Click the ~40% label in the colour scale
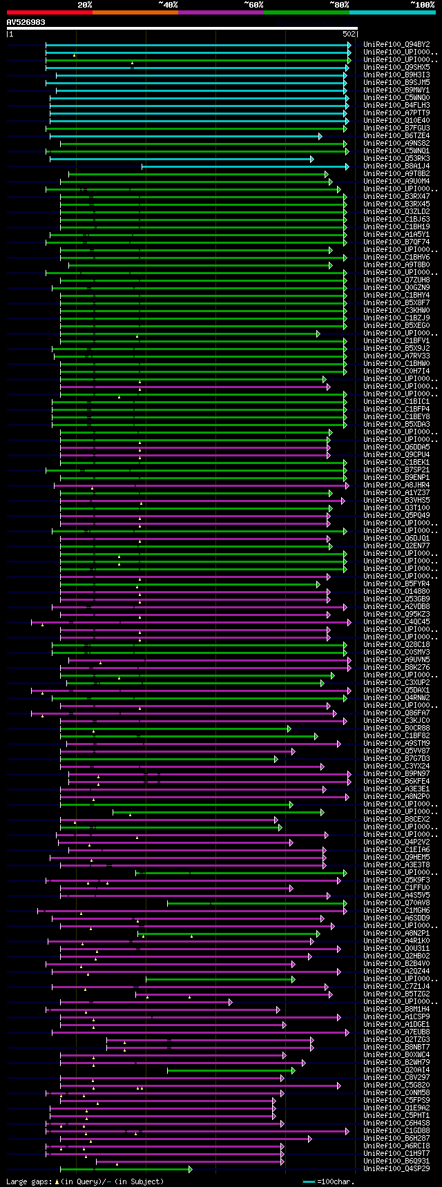[168, 5]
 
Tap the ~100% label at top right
[423, 5]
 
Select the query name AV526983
[26, 22]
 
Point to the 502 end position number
[349, 34]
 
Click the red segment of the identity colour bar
[49, 12]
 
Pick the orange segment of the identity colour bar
[135, 12]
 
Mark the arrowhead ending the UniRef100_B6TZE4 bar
[320, 136]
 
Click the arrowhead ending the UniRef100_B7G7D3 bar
[276, 759]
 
